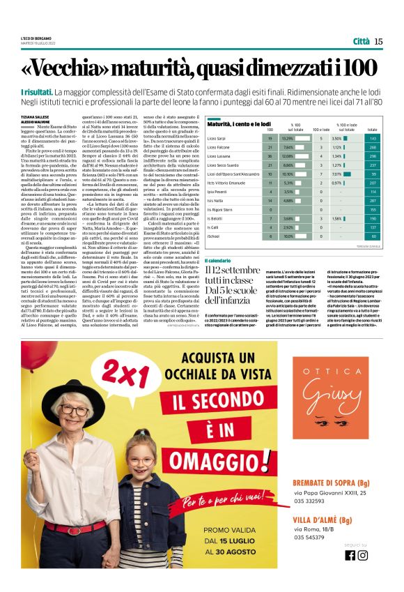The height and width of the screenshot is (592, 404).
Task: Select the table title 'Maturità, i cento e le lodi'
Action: [x=241, y=123]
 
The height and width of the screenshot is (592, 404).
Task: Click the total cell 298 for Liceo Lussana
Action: [x=372, y=157]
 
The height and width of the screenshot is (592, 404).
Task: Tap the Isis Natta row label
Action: [x=215, y=200]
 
